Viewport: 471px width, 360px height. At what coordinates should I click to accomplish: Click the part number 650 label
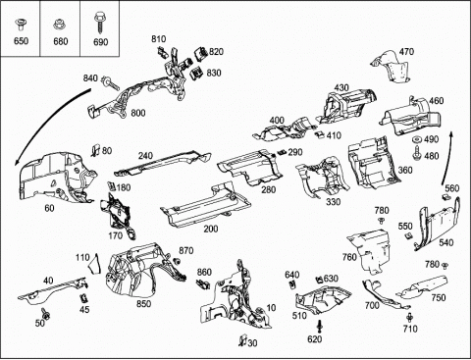[21, 41]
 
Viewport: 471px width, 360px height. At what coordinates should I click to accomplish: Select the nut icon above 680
[59, 25]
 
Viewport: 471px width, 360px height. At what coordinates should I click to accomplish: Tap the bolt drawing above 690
[100, 23]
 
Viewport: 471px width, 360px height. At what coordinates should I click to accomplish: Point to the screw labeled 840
[111, 82]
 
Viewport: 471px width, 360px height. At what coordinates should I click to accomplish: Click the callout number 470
[406, 52]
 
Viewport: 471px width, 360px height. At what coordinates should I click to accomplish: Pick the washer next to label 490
[417, 140]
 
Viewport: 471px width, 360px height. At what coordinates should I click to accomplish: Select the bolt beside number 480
[418, 153]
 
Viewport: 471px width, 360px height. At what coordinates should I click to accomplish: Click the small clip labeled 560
[445, 196]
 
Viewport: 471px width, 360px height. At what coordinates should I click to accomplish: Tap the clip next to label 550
[408, 235]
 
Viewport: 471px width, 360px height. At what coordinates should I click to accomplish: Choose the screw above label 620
[319, 327]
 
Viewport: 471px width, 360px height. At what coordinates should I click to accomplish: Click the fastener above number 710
[409, 317]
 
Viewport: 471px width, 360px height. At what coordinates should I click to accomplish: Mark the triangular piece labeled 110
[94, 264]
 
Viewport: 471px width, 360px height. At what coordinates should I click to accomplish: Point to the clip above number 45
[83, 298]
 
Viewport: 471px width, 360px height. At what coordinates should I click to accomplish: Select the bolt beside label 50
[45, 314]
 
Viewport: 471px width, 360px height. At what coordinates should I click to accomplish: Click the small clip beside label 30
[242, 340]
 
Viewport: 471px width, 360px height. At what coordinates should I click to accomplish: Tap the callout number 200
[211, 229]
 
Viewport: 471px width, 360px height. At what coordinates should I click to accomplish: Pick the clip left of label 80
[95, 149]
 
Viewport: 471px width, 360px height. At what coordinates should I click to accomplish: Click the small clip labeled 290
[282, 152]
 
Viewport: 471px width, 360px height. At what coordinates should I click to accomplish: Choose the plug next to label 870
[177, 261]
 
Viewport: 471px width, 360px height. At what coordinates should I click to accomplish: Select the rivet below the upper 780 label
[381, 221]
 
